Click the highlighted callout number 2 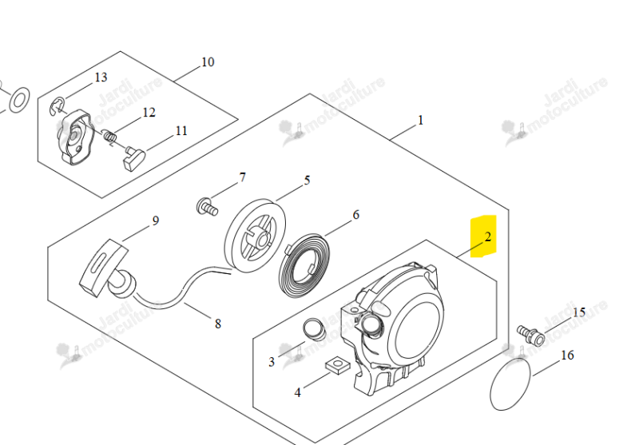(488, 236)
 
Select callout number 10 (208, 62)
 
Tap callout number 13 (101, 77)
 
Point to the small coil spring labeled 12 (109, 135)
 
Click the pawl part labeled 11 (134, 158)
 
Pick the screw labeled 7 (207, 206)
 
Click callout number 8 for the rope (218, 324)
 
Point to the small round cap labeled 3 (314, 329)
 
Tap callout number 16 (567, 356)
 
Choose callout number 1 (421, 120)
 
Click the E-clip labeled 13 (57, 106)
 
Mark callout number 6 (355, 215)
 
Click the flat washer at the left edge (19, 100)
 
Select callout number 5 (307, 180)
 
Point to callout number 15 (579, 312)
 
